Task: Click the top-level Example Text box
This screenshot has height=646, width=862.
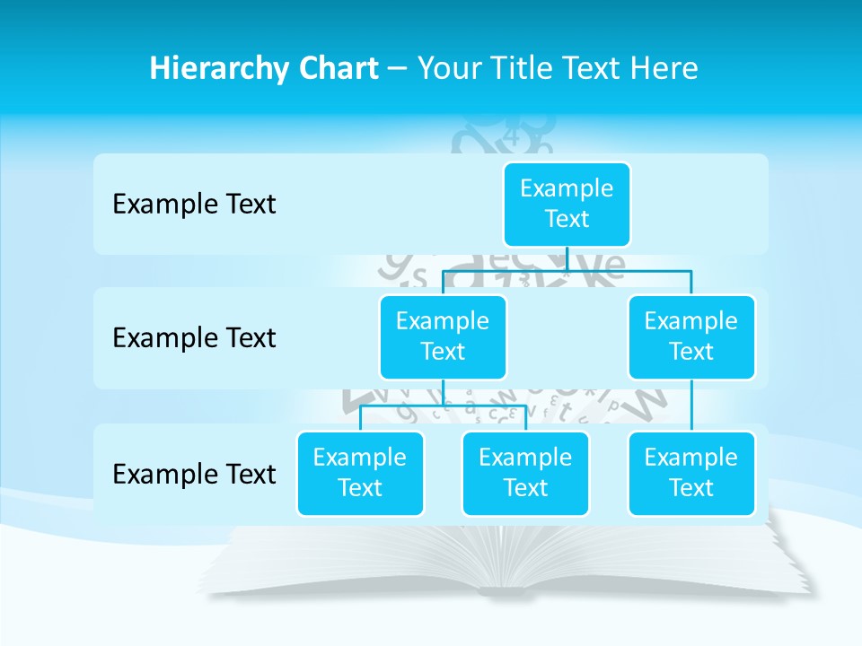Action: [x=567, y=204]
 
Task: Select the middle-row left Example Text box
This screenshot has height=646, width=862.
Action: [x=443, y=336]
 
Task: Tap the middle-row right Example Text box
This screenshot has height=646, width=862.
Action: [x=691, y=336]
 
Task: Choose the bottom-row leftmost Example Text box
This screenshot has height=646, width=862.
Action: [x=360, y=473]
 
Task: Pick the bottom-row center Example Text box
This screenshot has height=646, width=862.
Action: [x=525, y=473]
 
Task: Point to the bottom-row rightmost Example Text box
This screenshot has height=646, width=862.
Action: [x=691, y=473]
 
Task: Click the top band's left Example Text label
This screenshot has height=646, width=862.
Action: [x=194, y=205]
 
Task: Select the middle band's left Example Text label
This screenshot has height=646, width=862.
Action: [x=194, y=338]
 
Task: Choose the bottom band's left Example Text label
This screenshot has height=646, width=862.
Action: [x=194, y=474]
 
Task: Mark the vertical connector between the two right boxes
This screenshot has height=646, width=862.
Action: [x=691, y=406]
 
